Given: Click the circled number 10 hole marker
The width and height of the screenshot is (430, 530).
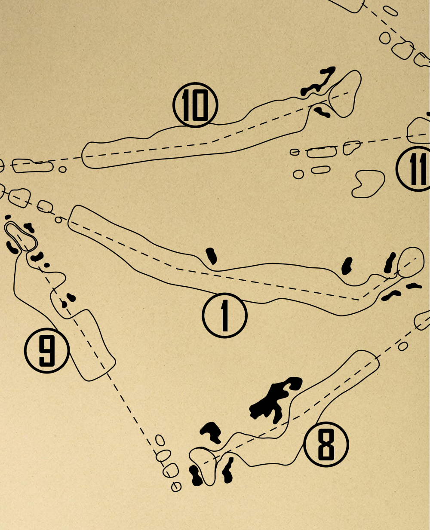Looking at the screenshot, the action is [x=195, y=105].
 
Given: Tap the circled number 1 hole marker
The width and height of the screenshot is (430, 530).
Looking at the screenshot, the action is [x=225, y=315].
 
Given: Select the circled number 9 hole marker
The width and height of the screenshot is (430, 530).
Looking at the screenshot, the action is [x=47, y=351].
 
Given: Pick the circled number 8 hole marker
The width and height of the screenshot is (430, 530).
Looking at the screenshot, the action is [x=326, y=444].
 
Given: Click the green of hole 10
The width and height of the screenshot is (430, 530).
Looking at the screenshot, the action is [x=345, y=94].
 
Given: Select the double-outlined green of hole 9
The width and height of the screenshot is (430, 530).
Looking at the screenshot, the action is [x=21, y=236].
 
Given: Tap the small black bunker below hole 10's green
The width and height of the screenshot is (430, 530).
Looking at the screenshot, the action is [x=322, y=113].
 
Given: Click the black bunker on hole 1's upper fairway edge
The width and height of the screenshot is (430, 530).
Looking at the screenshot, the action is [x=211, y=256].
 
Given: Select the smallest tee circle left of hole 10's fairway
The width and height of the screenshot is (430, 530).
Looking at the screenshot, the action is [x=62, y=169].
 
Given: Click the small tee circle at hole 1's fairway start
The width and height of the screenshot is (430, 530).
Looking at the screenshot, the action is [x=58, y=220].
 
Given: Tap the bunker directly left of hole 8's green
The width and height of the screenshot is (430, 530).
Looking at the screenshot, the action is [x=196, y=475].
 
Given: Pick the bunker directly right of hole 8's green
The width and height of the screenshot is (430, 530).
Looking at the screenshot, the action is [x=228, y=470].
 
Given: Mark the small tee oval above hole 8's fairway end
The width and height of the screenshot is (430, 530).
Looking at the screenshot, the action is [x=403, y=346].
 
